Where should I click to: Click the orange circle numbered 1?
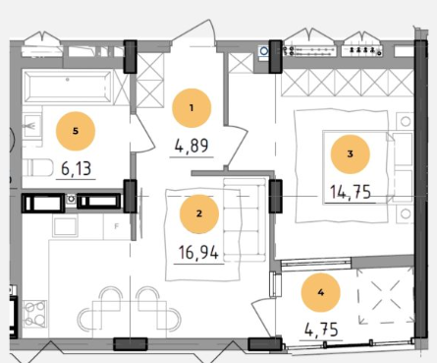[191, 108]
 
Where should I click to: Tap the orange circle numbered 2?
[199, 213]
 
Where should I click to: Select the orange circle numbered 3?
[351, 154]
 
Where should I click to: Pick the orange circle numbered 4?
[321, 292]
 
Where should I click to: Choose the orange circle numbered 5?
[76, 131]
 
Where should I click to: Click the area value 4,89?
[191, 146]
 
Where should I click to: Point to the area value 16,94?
[198, 253]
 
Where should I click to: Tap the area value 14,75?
[351, 192]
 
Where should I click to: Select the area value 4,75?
[321, 330]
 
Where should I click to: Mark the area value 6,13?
[77, 169]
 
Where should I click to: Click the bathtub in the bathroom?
[68, 87]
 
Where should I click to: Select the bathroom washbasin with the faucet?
[31, 126]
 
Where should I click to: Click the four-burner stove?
[34, 313]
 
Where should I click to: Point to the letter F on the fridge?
[116, 226]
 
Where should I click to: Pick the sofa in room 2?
[245, 219]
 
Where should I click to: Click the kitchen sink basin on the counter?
[66, 226]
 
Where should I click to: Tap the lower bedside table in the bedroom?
[406, 214]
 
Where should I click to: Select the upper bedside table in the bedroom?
[406, 122]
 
